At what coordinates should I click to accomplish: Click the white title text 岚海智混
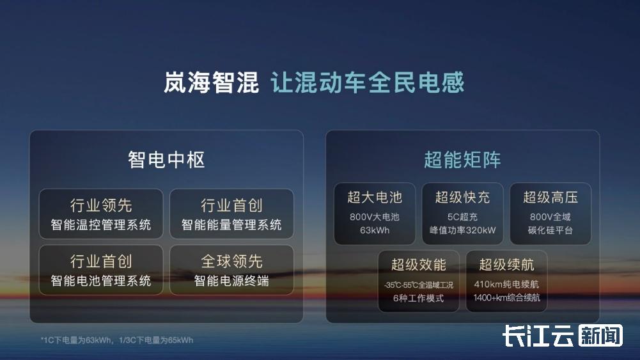212,82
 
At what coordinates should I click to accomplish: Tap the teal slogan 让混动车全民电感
368,82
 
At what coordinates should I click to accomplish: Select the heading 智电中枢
166,160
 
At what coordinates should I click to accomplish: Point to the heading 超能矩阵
462,160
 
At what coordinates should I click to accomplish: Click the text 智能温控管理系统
101,224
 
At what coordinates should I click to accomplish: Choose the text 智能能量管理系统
231,224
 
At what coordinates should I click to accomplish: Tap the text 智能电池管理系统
101,281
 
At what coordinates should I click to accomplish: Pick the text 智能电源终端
231,281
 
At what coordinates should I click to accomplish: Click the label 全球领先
231,262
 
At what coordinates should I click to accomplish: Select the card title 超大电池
375,198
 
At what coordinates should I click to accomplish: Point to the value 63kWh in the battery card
375,230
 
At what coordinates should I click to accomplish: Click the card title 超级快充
462,198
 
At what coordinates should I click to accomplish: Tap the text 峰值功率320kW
462,230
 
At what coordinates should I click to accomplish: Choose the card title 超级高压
550,198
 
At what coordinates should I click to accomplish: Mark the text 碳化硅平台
550,230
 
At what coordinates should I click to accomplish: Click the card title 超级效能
419,265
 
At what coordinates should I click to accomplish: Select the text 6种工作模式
418,298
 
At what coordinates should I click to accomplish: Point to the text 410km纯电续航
506,284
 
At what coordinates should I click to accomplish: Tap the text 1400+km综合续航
506,297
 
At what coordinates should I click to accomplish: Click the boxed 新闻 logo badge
600,336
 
